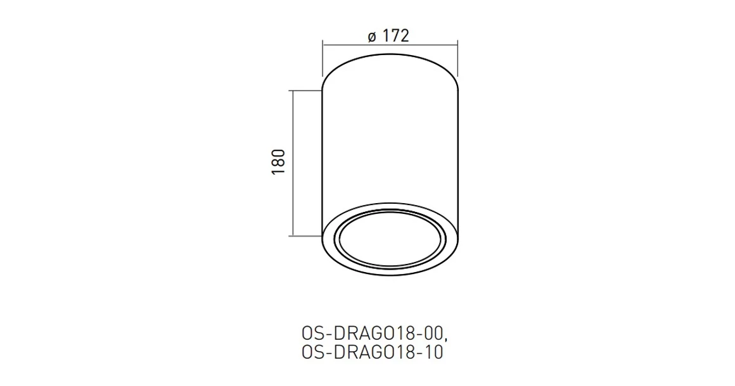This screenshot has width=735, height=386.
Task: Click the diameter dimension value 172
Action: [x=395, y=36]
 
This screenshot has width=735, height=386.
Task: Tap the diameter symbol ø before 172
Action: [x=372, y=37]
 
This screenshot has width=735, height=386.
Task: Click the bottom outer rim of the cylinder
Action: [x=390, y=275]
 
